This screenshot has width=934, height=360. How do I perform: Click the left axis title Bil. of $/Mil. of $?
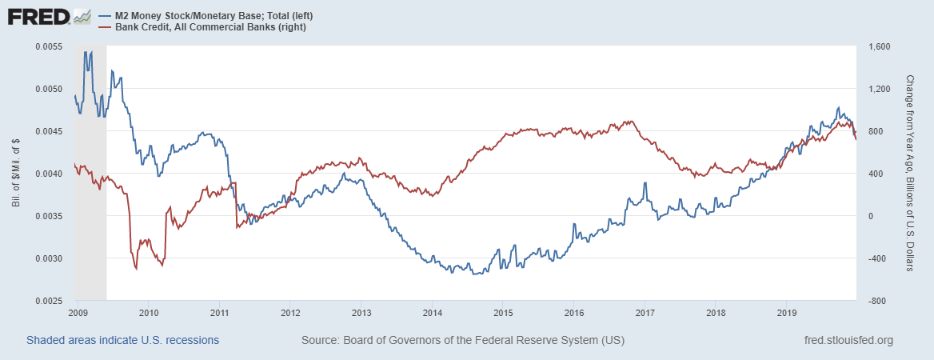click(17, 174)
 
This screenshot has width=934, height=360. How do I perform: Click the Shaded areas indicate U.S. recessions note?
click(122, 341)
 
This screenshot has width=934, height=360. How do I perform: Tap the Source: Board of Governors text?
click(463, 341)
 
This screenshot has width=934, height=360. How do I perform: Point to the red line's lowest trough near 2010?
click(136, 269)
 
